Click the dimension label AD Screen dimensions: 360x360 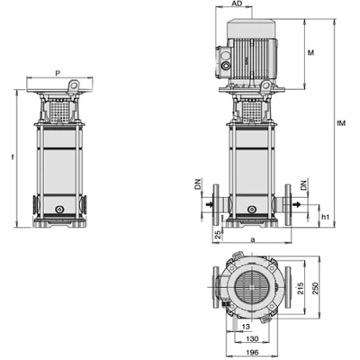click(237, 4)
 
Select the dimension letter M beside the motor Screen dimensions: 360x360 click(311, 53)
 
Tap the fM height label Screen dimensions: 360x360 click(341, 123)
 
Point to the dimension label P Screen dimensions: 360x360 click(58, 73)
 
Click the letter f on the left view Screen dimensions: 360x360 click(13, 157)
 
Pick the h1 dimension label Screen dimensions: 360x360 click(326, 217)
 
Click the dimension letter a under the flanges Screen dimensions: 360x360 click(253, 239)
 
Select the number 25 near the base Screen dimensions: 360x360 click(219, 234)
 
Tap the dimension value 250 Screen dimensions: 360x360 click(315, 287)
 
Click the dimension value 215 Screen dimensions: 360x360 click(301, 287)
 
